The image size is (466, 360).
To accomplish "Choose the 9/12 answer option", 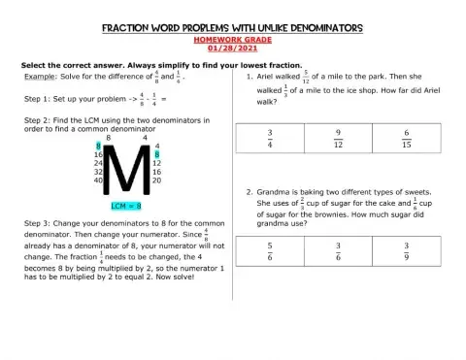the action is pos(338,140).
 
